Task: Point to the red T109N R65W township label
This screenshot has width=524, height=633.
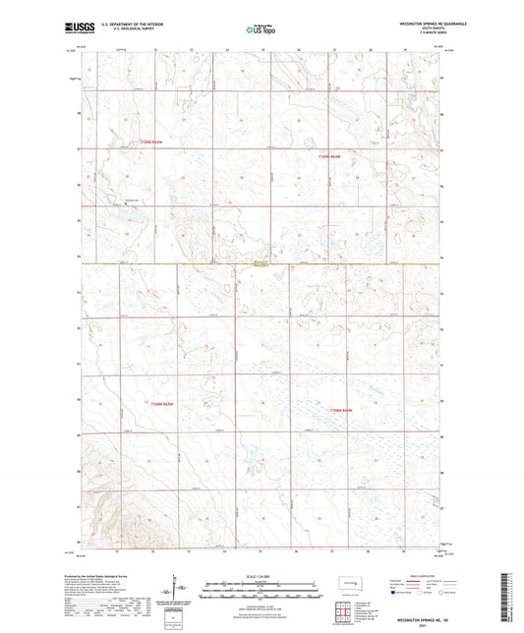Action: (x=149, y=143)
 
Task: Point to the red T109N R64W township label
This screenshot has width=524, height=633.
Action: (x=328, y=156)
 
